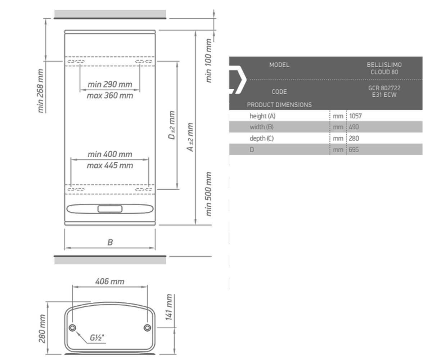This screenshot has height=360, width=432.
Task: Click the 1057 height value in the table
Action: (355, 116)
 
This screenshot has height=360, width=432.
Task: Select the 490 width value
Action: (354, 127)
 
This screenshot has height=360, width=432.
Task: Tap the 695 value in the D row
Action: (354, 149)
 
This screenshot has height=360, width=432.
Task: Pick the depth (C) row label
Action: (261, 138)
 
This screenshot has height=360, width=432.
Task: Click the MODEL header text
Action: (279, 65)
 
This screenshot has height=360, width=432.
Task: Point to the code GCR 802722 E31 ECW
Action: (384, 91)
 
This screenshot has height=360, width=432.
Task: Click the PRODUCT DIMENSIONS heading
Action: (279, 105)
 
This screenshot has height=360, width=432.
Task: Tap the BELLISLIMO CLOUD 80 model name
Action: (384, 68)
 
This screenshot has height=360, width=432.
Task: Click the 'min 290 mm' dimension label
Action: (110, 84)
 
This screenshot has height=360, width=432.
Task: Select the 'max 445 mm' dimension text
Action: (110, 166)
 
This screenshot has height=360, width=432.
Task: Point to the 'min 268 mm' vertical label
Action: (41, 91)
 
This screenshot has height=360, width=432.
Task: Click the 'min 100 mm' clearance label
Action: (208, 60)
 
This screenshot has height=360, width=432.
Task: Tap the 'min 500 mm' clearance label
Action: (208, 194)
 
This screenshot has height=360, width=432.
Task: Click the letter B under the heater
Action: (110, 242)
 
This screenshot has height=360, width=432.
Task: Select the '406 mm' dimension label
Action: (110, 282)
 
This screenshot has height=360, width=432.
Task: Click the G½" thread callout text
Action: (97, 338)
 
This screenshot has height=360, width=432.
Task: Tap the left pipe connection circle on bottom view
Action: (72, 328)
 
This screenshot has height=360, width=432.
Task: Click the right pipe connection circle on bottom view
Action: (147, 328)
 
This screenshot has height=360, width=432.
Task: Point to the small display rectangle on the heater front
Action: (110, 209)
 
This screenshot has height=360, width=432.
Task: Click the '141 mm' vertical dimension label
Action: (169, 307)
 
